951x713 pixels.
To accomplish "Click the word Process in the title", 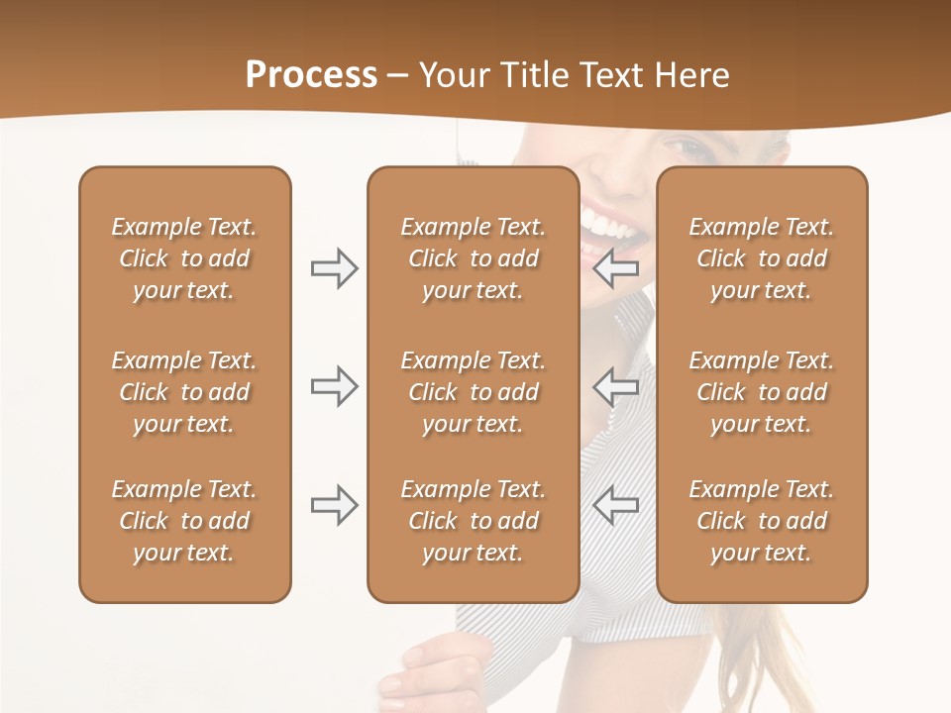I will (x=311, y=75).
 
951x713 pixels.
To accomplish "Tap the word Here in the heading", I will (x=690, y=75).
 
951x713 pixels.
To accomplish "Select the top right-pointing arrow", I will (x=334, y=268).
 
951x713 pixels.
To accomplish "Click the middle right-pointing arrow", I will (x=334, y=386).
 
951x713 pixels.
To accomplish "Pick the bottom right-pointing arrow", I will (x=334, y=505).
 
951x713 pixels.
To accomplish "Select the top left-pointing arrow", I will (x=616, y=268).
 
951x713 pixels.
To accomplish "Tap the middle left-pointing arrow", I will (x=616, y=386).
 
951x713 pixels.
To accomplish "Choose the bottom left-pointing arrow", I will (x=616, y=505).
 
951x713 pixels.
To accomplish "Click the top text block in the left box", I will (x=184, y=258).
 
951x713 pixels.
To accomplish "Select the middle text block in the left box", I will (x=184, y=392).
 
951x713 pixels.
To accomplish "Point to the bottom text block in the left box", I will (x=184, y=521).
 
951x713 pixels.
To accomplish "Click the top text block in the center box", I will (x=473, y=258).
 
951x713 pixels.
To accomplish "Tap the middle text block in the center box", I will (x=473, y=392).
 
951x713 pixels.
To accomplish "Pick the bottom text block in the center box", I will (x=473, y=521).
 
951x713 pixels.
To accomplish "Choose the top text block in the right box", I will (x=761, y=258).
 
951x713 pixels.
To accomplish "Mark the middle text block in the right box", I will (x=761, y=392).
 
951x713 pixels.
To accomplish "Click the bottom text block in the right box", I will (x=761, y=521).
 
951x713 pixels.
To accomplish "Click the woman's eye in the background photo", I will (x=687, y=150).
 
